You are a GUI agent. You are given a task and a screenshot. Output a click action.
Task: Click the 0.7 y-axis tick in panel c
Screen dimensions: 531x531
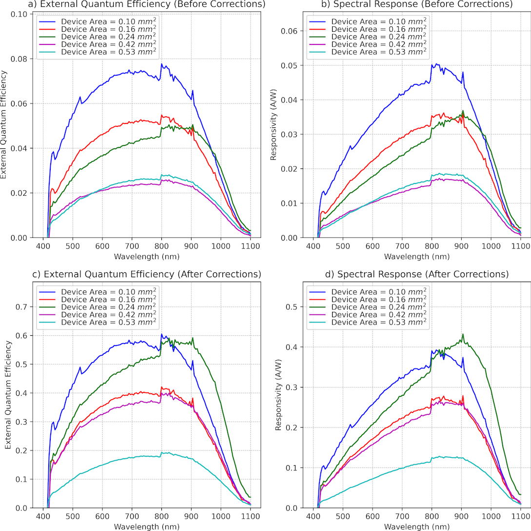coord(21,306)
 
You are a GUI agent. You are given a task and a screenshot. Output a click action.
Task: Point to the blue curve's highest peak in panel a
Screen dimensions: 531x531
coord(161,64)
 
